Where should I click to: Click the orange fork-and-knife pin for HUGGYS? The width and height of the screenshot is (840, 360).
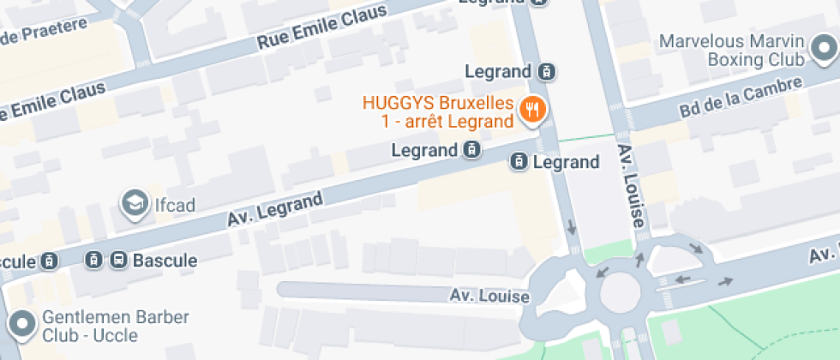pos(535,109)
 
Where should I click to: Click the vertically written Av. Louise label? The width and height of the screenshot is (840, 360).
pos(630,186)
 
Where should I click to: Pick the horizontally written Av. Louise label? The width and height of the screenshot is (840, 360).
pos(490,296)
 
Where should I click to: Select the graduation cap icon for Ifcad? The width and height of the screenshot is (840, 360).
pos(134,202)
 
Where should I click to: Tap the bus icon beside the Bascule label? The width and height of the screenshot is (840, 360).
pos(118,260)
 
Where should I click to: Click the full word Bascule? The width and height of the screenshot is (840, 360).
pos(165,260)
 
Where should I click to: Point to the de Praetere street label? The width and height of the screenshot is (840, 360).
pos(44,32)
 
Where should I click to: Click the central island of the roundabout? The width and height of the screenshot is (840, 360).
pos(623,294)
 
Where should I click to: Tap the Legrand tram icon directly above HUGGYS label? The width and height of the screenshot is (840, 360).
pos(548,71)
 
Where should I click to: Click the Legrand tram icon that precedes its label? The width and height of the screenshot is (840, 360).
pos(519,161)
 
